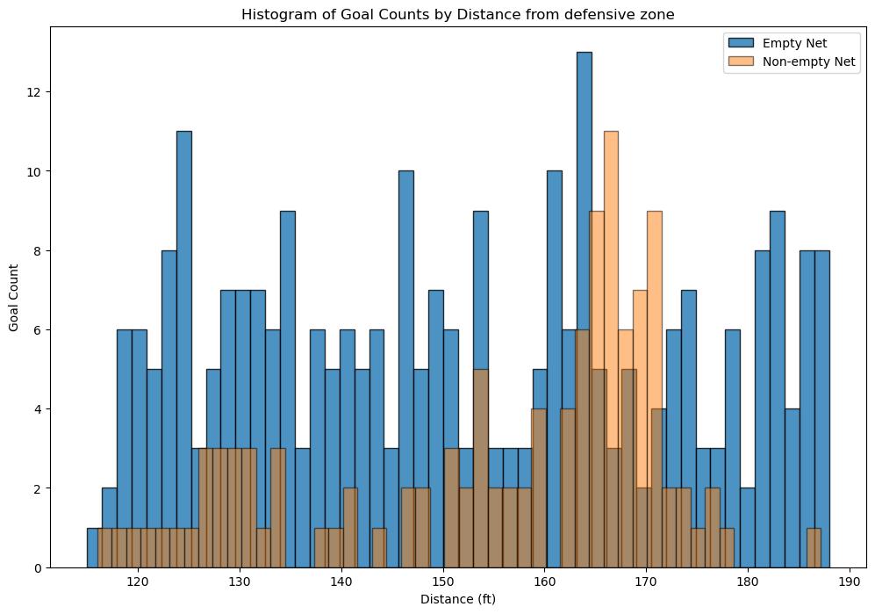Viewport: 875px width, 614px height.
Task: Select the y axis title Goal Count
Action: click(x=15, y=296)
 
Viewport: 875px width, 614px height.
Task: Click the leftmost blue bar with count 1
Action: click(x=94, y=548)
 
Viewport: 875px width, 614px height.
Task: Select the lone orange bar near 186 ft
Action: click(x=814, y=548)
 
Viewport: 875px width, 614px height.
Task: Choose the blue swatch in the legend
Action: click(x=739, y=41)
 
